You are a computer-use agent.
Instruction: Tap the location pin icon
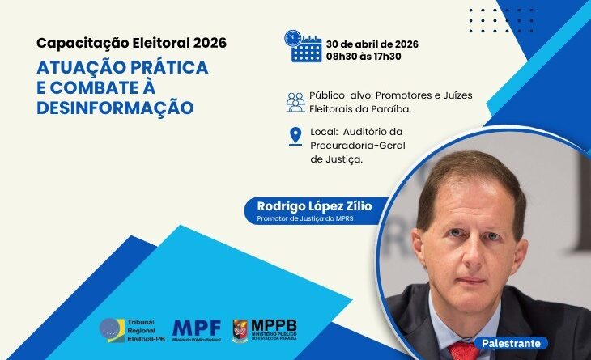pyautogui.click(x=295, y=137)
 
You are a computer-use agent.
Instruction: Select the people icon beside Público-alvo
pyautogui.click(x=295, y=101)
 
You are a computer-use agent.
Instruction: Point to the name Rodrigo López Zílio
pyautogui.click(x=308, y=206)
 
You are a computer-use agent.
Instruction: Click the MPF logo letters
pyautogui.click(x=198, y=327)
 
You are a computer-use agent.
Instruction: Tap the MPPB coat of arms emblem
pyautogui.click(x=240, y=331)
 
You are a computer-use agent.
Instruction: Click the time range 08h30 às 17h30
pyautogui.click(x=364, y=56)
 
